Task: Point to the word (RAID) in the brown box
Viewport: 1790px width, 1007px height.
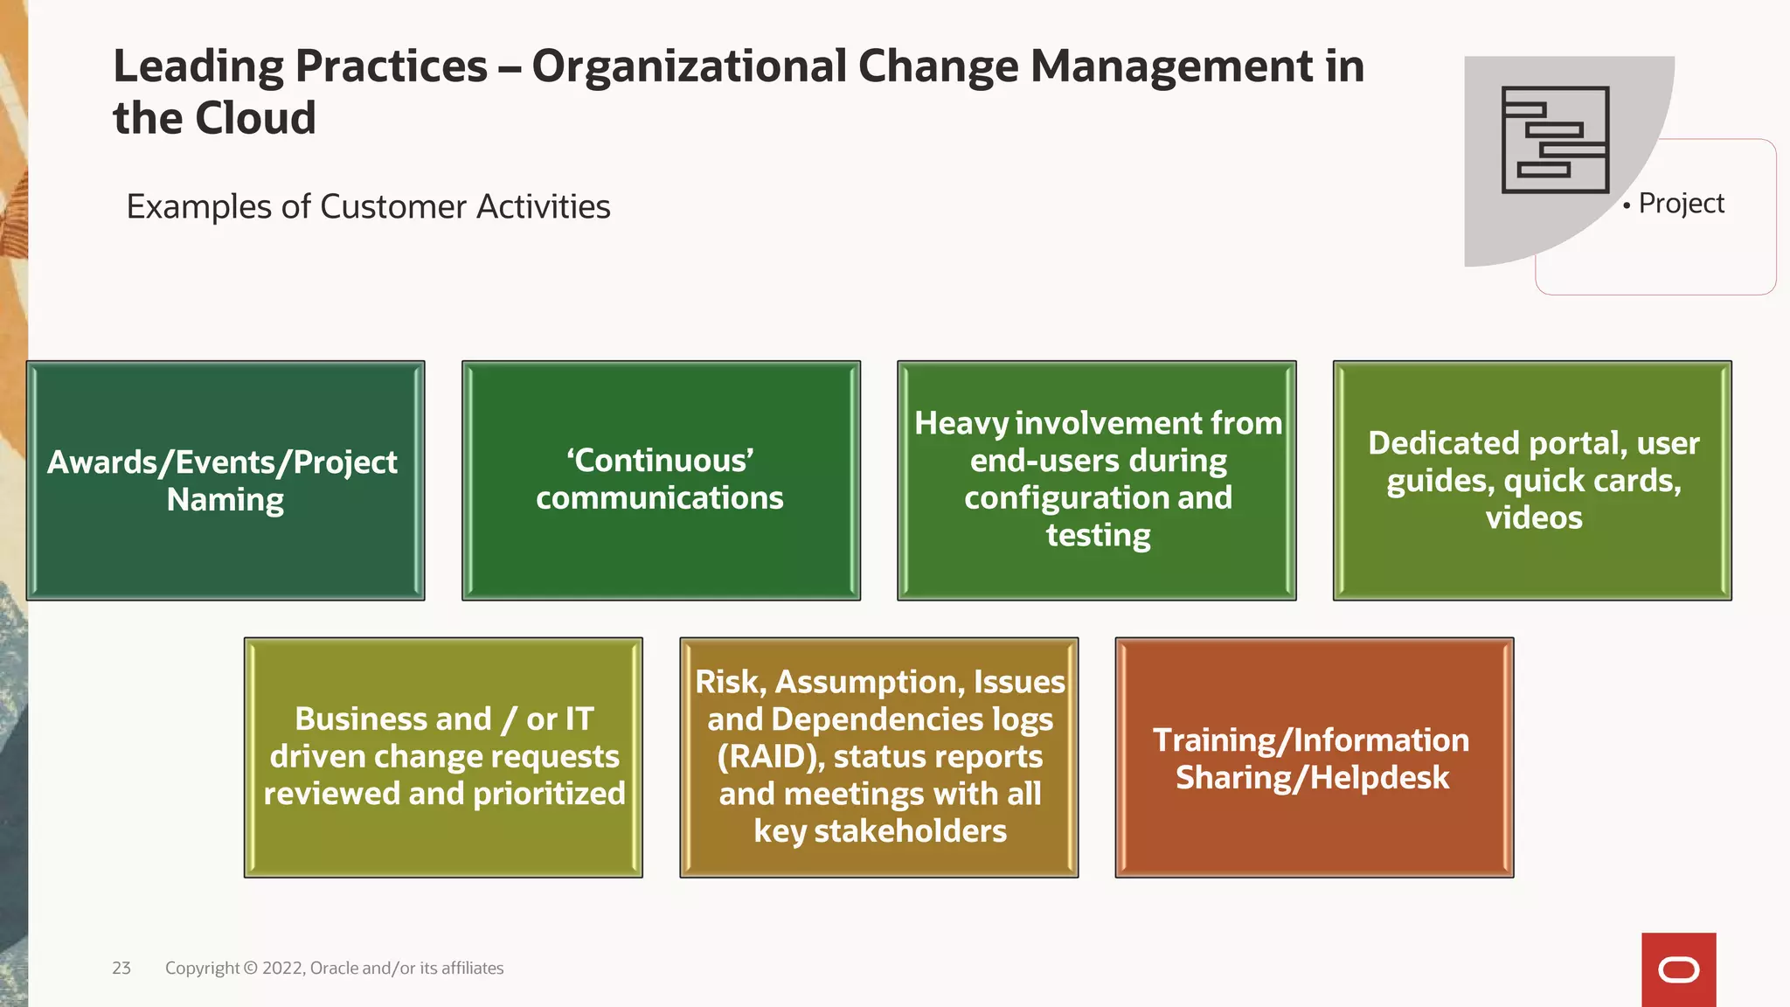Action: (x=771, y=757)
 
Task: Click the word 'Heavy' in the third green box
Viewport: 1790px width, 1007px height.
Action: (x=961, y=424)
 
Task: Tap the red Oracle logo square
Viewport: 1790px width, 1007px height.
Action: (x=1678, y=969)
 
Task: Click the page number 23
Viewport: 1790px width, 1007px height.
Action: (x=121, y=968)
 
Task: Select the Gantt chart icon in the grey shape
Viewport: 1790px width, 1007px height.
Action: (x=1555, y=140)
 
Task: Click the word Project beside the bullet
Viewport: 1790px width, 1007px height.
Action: (x=1681, y=204)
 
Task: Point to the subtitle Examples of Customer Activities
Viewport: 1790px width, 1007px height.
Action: (x=368, y=207)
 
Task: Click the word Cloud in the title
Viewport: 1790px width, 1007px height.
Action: (x=255, y=118)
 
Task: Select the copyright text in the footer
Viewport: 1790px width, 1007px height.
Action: (x=334, y=968)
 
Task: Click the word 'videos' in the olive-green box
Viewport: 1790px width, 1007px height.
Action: (x=1534, y=518)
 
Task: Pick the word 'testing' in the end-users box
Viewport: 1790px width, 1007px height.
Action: (x=1098, y=535)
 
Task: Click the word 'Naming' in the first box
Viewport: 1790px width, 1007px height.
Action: (x=225, y=500)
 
